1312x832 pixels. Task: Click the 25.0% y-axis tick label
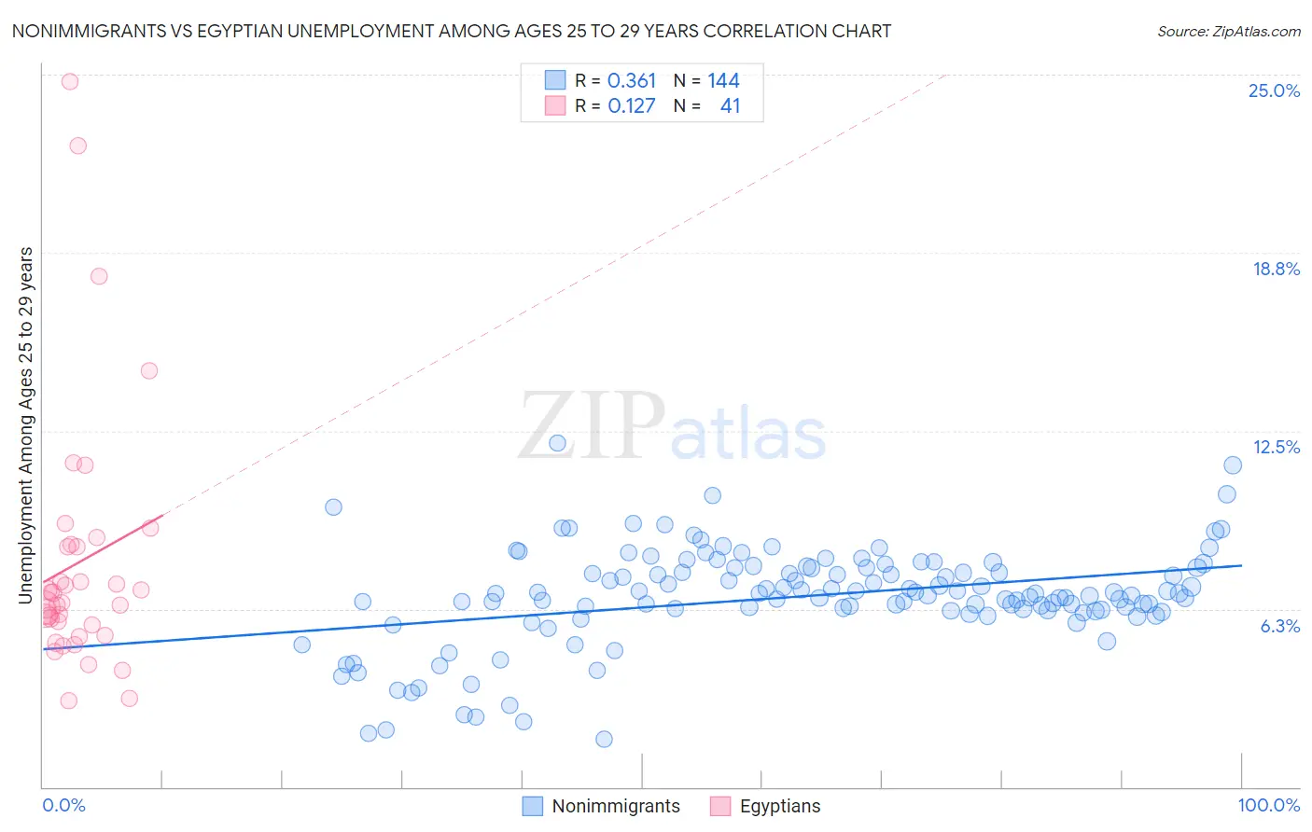1274,90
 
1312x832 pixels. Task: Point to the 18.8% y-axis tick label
1276,269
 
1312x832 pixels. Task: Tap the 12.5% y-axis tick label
1276,447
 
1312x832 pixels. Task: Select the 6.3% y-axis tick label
1279,626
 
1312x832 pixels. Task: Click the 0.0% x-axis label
63,805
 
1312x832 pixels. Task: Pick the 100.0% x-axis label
1268,805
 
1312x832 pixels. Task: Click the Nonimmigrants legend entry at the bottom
616,806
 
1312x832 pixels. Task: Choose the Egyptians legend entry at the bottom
779,806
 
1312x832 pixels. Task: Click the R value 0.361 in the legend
632,80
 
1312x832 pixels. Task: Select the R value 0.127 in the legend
632,105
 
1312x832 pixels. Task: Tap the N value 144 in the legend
723,80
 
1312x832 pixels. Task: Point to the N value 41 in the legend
730,105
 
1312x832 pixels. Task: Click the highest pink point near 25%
70,81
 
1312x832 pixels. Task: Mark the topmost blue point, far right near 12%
1233,465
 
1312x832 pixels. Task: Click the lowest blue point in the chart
604,739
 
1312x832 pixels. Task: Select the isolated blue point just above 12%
557,443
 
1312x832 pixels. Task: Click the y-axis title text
25,424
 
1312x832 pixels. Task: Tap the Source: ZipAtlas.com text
1228,31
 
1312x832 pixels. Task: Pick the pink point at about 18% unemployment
99,276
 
